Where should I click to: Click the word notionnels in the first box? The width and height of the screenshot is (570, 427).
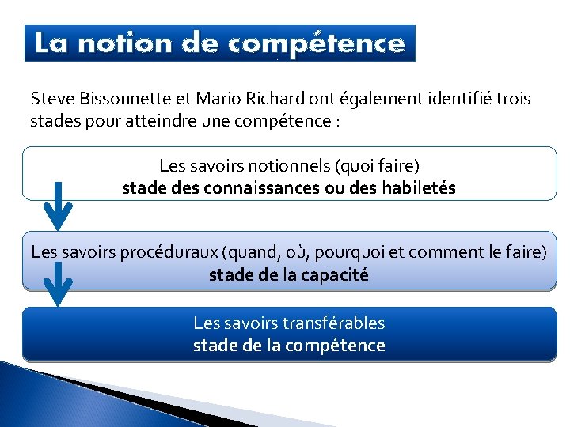(291, 166)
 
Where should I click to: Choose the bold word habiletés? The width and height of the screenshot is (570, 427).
(412, 189)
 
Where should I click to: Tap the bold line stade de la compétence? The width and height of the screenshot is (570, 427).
(289, 346)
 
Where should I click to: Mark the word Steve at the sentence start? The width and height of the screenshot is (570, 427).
(47, 100)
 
